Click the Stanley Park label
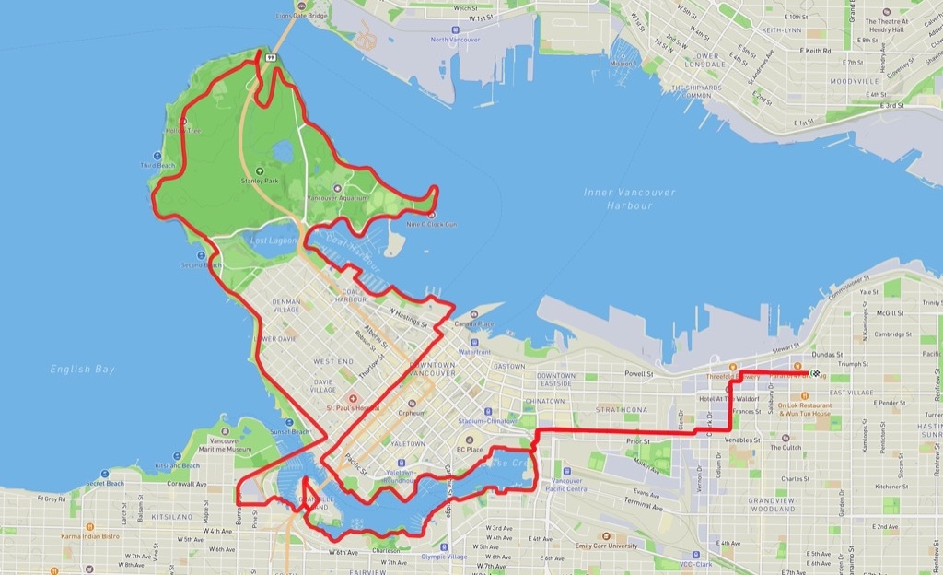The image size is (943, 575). pyautogui.click(x=259, y=181)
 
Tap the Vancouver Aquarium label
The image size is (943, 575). pyautogui.click(x=336, y=198)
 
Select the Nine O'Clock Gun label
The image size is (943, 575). pyautogui.click(x=431, y=224)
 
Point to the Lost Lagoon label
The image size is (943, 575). pyautogui.click(x=274, y=241)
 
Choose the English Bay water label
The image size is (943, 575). pyautogui.click(x=83, y=370)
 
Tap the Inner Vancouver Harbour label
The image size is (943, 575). pyautogui.click(x=629, y=199)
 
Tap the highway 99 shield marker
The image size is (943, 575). pyautogui.click(x=270, y=57)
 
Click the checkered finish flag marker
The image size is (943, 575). pyautogui.click(x=815, y=373)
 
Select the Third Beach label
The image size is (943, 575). pyautogui.click(x=157, y=165)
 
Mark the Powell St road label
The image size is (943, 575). pyautogui.click(x=637, y=374)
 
